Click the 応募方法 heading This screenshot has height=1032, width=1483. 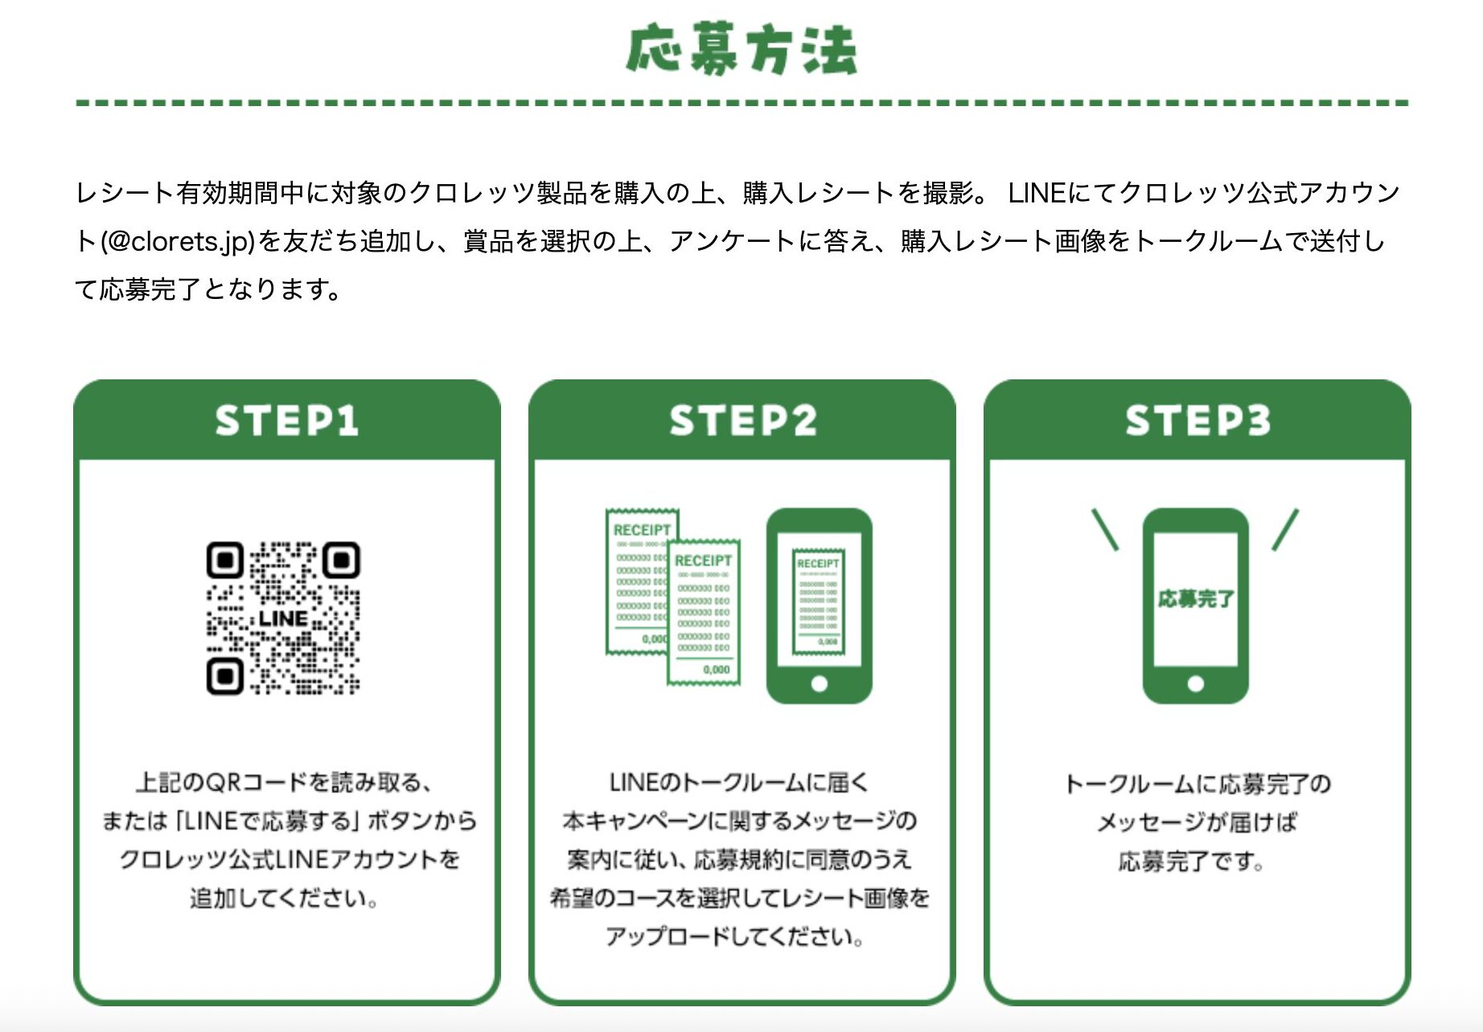[741, 50]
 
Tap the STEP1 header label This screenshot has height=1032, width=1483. [286, 420]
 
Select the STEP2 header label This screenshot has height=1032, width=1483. [742, 420]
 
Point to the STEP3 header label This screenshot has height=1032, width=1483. [1197, 420]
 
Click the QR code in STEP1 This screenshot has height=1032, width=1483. [283, 617]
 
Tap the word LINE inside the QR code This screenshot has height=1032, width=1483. [283, 619]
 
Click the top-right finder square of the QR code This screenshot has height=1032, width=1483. [342, 560]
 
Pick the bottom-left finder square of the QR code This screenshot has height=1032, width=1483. [224, 676]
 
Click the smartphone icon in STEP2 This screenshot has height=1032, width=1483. [819, 606]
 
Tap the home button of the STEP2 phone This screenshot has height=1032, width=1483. [819, 684]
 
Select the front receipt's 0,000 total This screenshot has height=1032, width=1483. [716, 670]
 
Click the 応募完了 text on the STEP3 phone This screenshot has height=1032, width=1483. [1196, 599]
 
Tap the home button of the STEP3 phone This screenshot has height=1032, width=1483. [1196, 684]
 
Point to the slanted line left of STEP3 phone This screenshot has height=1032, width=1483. [1105, 530]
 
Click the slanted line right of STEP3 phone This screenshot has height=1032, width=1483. [1285, 530]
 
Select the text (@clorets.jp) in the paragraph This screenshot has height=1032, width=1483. [178, 241]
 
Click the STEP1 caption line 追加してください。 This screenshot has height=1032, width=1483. [284, 898]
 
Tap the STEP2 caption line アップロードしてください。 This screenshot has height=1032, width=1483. [735, 936]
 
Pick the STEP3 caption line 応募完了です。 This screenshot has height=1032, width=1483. [1191, 862]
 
